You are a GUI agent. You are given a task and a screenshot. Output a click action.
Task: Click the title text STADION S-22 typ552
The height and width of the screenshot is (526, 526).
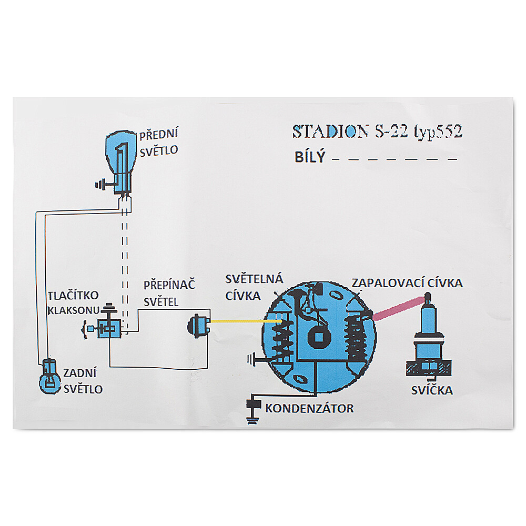[x=377, y=131]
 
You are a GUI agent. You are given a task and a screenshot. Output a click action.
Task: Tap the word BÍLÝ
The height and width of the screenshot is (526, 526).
[x=310, y=157]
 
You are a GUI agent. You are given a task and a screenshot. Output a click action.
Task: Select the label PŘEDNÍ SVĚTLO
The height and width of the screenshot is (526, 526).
[x=159, y=142]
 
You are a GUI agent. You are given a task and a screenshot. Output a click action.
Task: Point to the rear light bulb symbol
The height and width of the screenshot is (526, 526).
[x=49, y=377]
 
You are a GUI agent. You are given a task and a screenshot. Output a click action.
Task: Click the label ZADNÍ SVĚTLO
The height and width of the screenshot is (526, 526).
[x=83, y=381]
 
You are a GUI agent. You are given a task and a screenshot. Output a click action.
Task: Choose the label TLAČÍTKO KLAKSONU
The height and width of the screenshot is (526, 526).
[x=74, y=303]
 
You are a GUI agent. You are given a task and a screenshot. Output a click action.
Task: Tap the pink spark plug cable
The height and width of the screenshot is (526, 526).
[x=398, y=308]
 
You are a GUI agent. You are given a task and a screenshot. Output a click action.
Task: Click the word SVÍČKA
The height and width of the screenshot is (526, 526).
[x=432, y=390]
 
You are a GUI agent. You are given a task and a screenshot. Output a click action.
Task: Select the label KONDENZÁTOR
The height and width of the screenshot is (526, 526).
[x=309, y=408]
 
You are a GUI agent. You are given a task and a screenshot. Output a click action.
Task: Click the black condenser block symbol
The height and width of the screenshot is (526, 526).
[x=254, y=403]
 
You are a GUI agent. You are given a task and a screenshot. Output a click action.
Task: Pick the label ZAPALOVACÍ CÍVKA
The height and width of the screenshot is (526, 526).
[x=407, y=283]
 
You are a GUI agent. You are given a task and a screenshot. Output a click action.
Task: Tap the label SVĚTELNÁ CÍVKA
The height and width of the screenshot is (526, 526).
[x=254, y=287]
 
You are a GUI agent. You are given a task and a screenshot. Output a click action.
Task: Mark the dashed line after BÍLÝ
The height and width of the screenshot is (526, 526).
[x=394, y=159]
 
